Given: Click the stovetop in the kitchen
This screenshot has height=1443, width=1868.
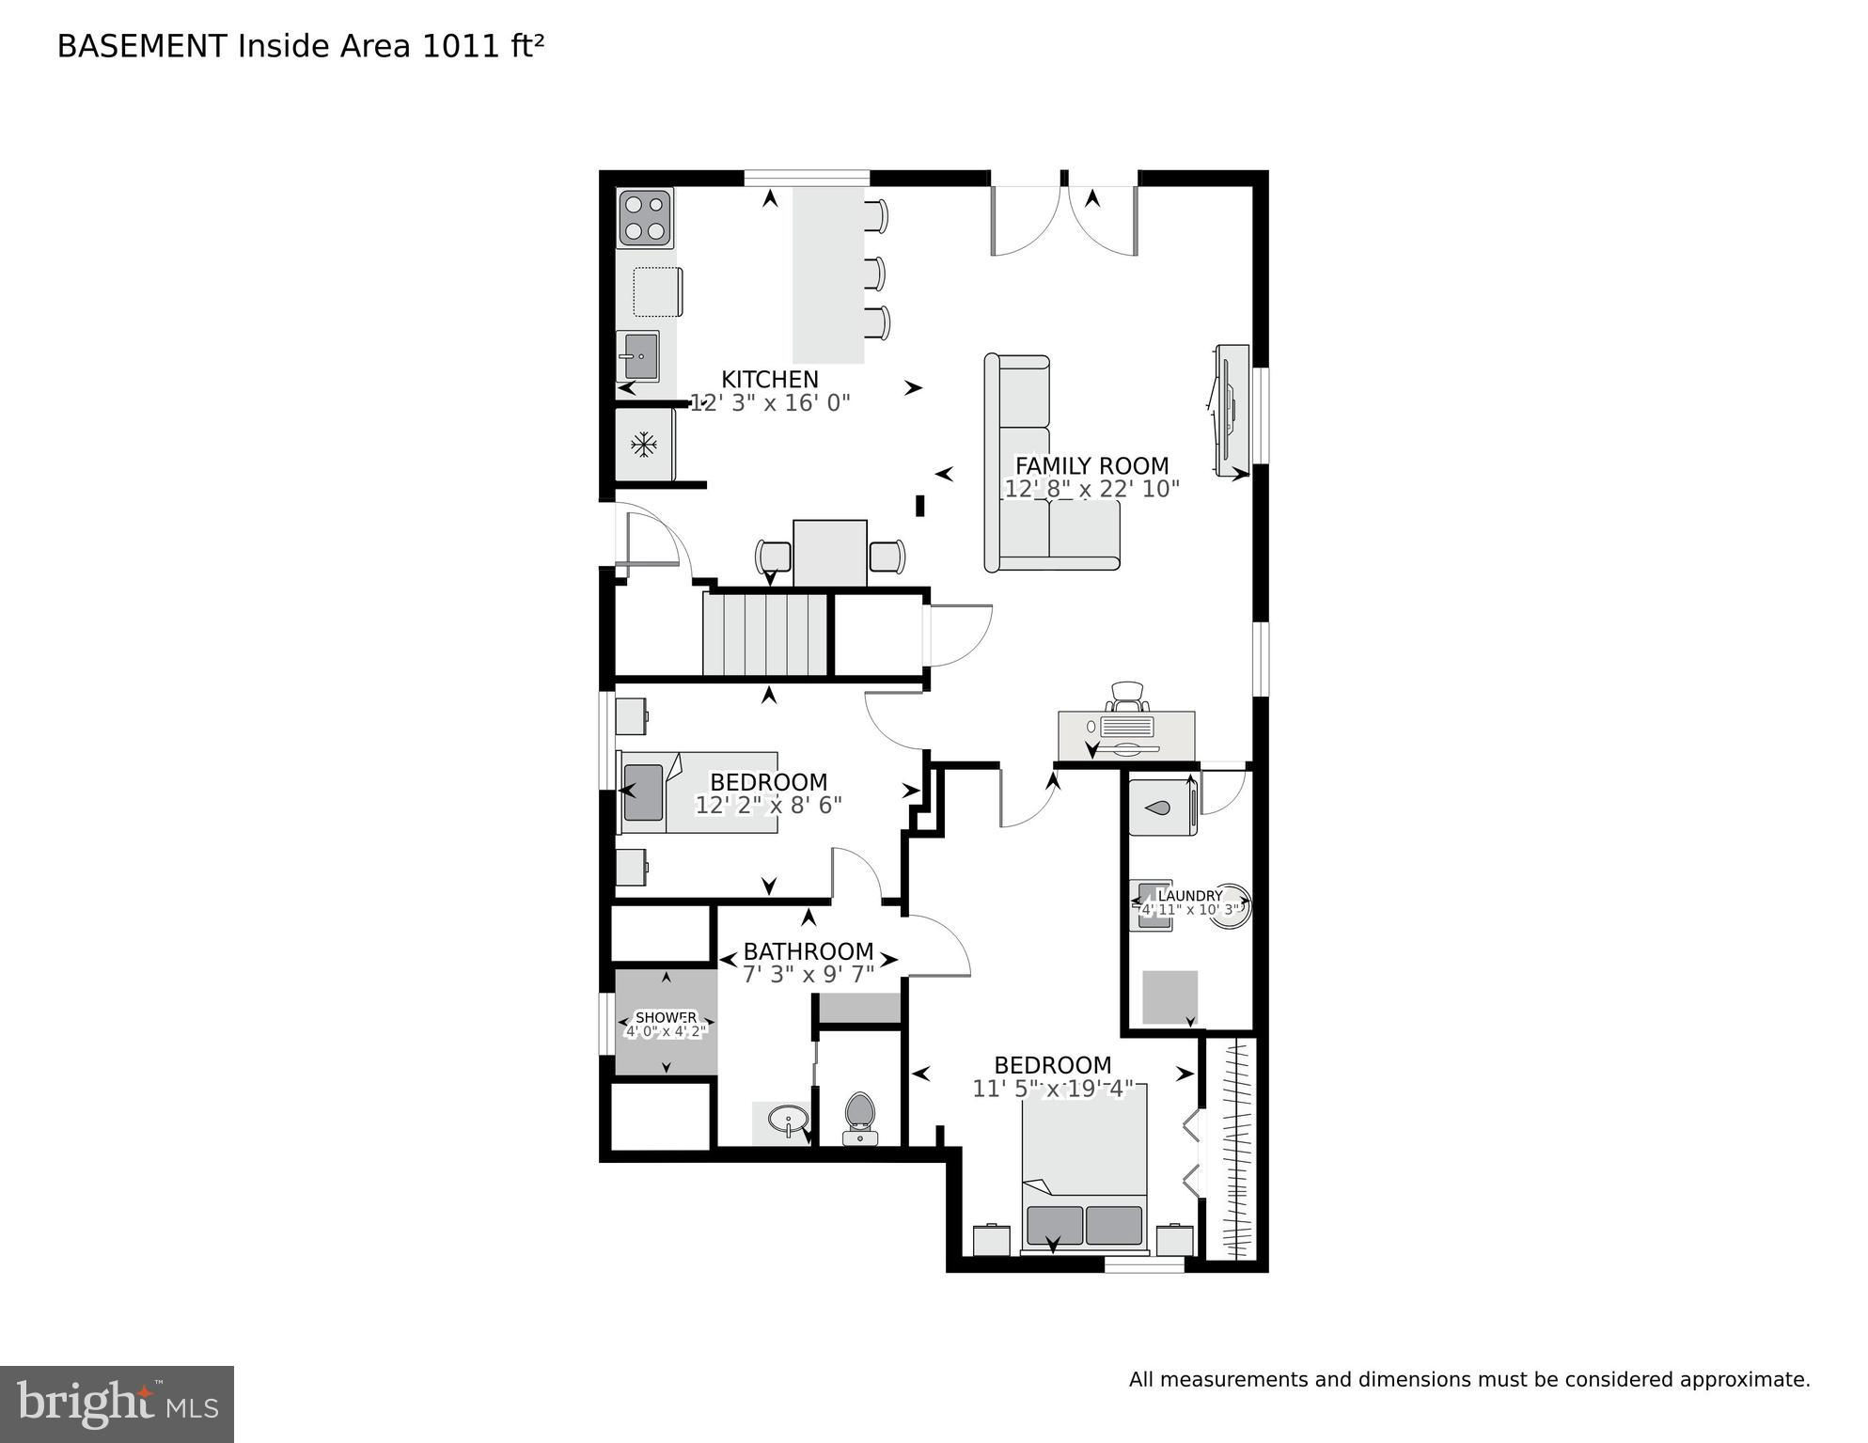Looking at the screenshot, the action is pos(645,217).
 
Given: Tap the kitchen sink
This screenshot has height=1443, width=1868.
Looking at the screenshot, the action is pos(638,356).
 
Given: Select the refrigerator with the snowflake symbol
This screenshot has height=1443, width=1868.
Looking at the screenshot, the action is pos(645,445).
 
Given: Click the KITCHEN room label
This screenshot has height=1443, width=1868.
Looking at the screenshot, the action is pos(770,379).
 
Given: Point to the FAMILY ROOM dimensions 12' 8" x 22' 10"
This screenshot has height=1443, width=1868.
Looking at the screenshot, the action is pos(1091,489).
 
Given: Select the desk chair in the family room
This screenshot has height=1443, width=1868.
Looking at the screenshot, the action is pos(1127,698).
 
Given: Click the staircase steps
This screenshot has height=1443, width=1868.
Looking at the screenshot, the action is pos(764,633).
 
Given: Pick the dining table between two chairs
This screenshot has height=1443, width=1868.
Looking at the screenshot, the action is pos(830,554).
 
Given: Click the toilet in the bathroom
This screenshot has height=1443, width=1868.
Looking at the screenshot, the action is pos(860,1118).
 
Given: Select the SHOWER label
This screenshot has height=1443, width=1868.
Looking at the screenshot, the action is pos(667,1017).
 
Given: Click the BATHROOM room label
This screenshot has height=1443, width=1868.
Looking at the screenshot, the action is pos(808,951).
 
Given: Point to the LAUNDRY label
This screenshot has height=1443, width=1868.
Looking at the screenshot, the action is pos(1190,896).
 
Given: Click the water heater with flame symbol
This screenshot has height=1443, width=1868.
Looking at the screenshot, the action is pos(1162,807).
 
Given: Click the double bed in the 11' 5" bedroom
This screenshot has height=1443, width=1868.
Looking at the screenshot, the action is pos(1085,1169).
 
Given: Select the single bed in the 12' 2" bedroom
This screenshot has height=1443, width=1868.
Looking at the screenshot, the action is pos(698,792).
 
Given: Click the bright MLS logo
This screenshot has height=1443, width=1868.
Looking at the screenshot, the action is pos(117,1404).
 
